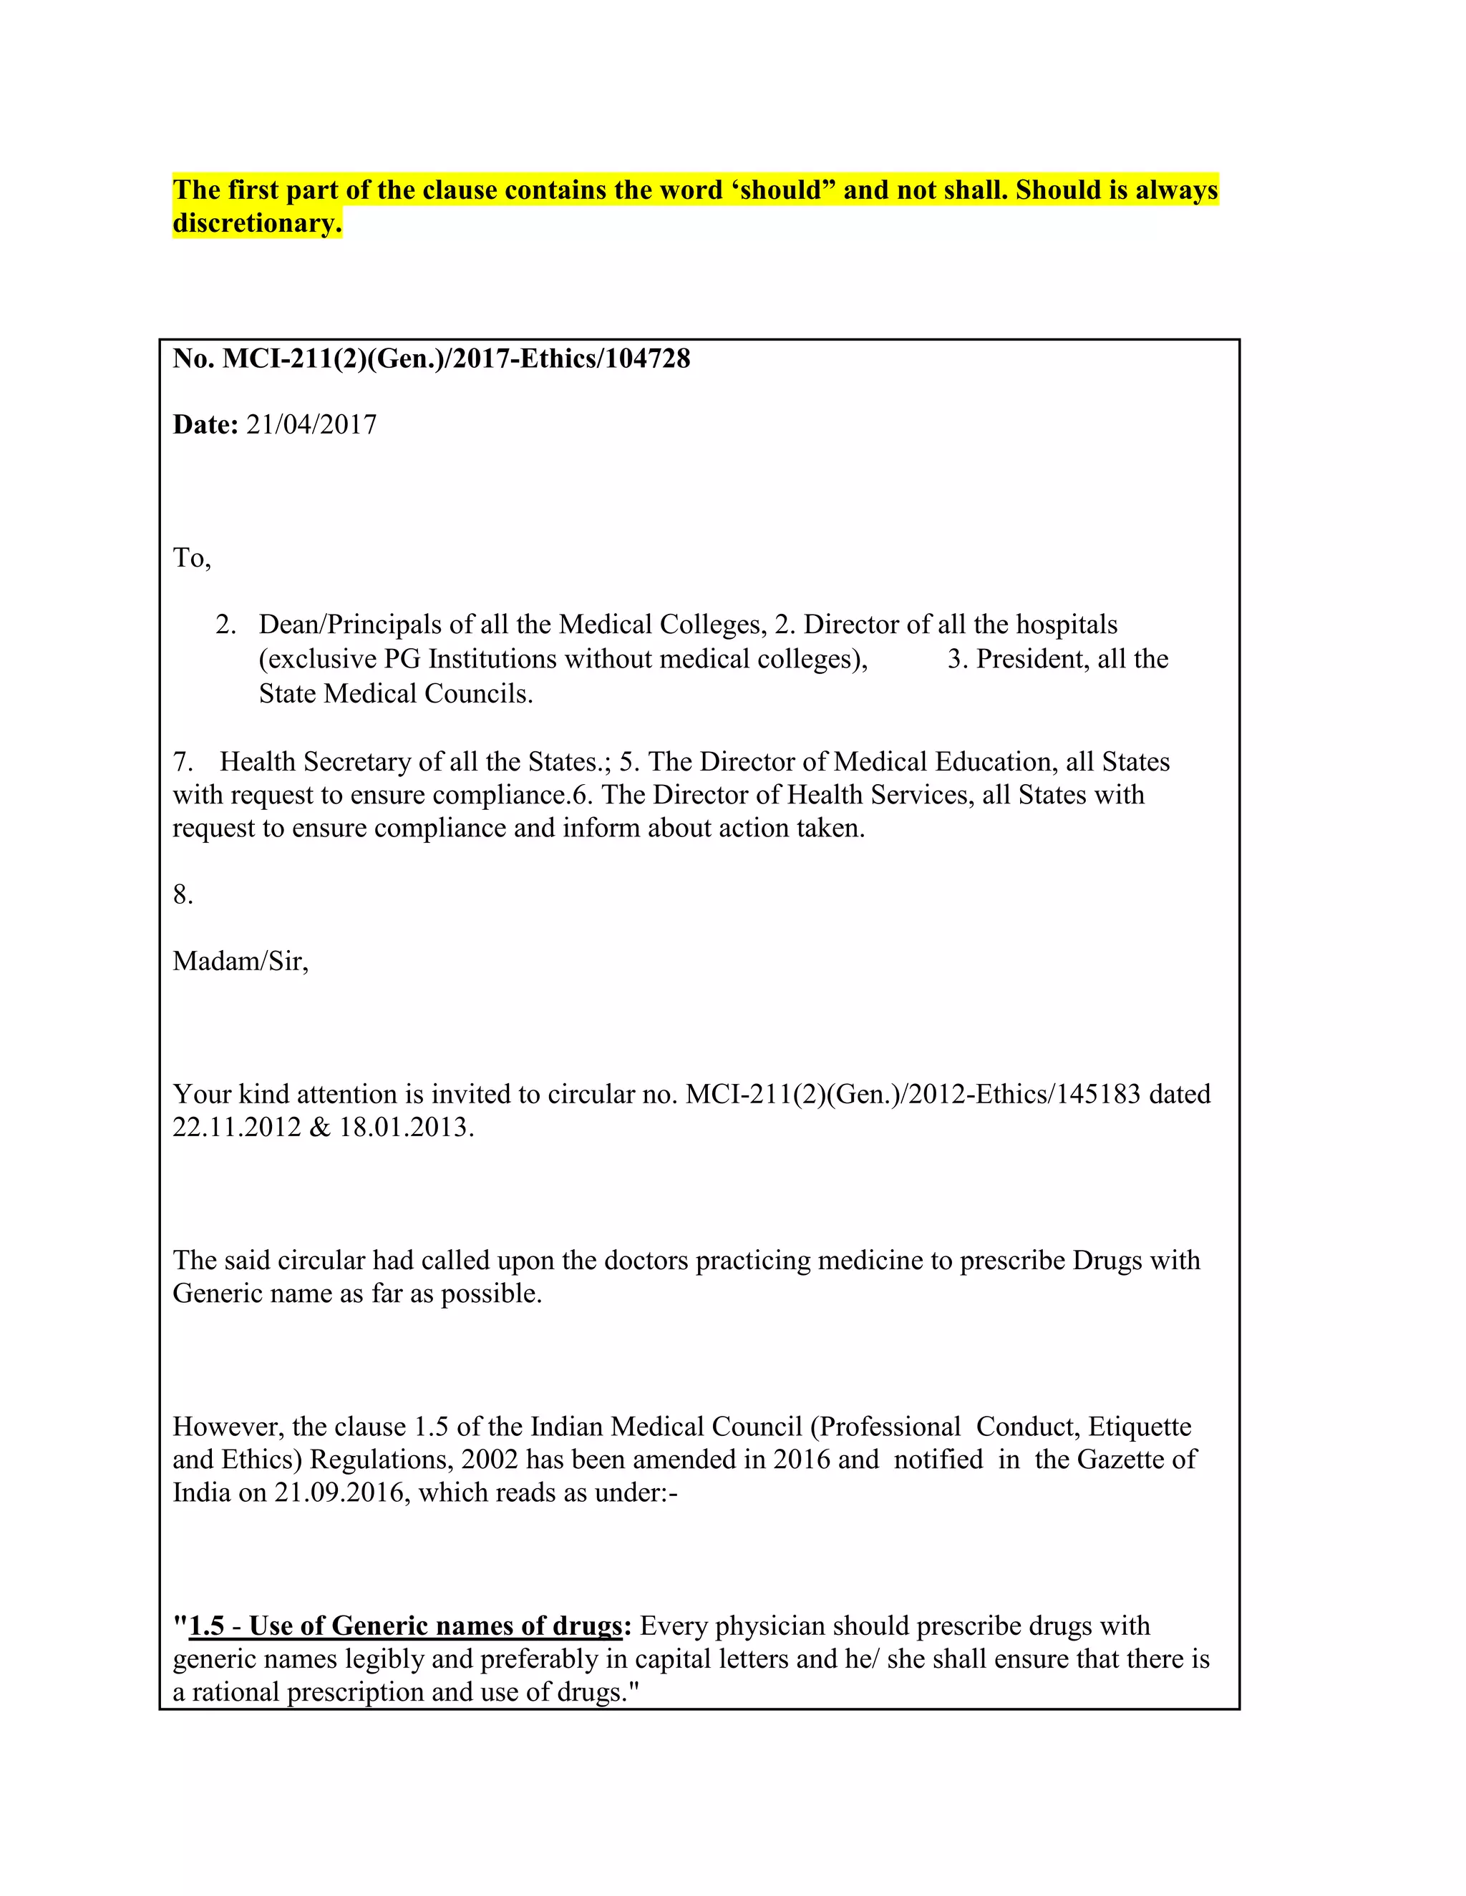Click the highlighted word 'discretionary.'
tap(257, 223)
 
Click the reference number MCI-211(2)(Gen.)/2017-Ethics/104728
tap(456, 358)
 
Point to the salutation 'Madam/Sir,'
tap(241, 961)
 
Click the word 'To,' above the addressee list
tap(192, 557)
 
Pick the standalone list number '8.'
tap(183, 895)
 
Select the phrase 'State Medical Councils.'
tap(396, 693)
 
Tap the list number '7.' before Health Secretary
tap(183, 761)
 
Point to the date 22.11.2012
tap(237, 1128)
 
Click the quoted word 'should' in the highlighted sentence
tap(780, 190)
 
